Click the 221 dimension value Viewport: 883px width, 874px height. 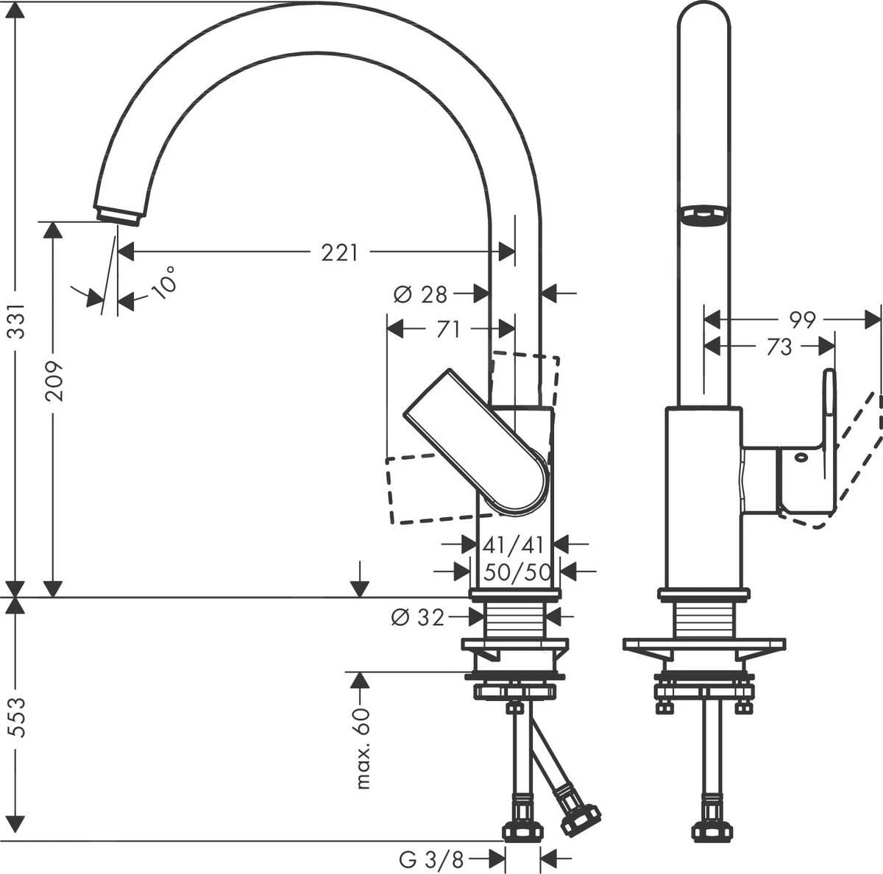pyautogui.click(x=339, y=252)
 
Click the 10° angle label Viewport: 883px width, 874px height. pyautogui.click(x=165, y=283)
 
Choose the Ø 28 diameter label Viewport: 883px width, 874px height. pyautogui.click(x=420, y=294)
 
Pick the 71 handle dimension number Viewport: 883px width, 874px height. pyautogui.click(x=447, y=330)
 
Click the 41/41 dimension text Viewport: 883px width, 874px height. pyautogui.click(x=513, y=544)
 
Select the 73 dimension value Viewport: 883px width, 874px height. pyautogui.click(x=778, y=347)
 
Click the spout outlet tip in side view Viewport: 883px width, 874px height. pyautogui.click(x=118, y=214)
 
